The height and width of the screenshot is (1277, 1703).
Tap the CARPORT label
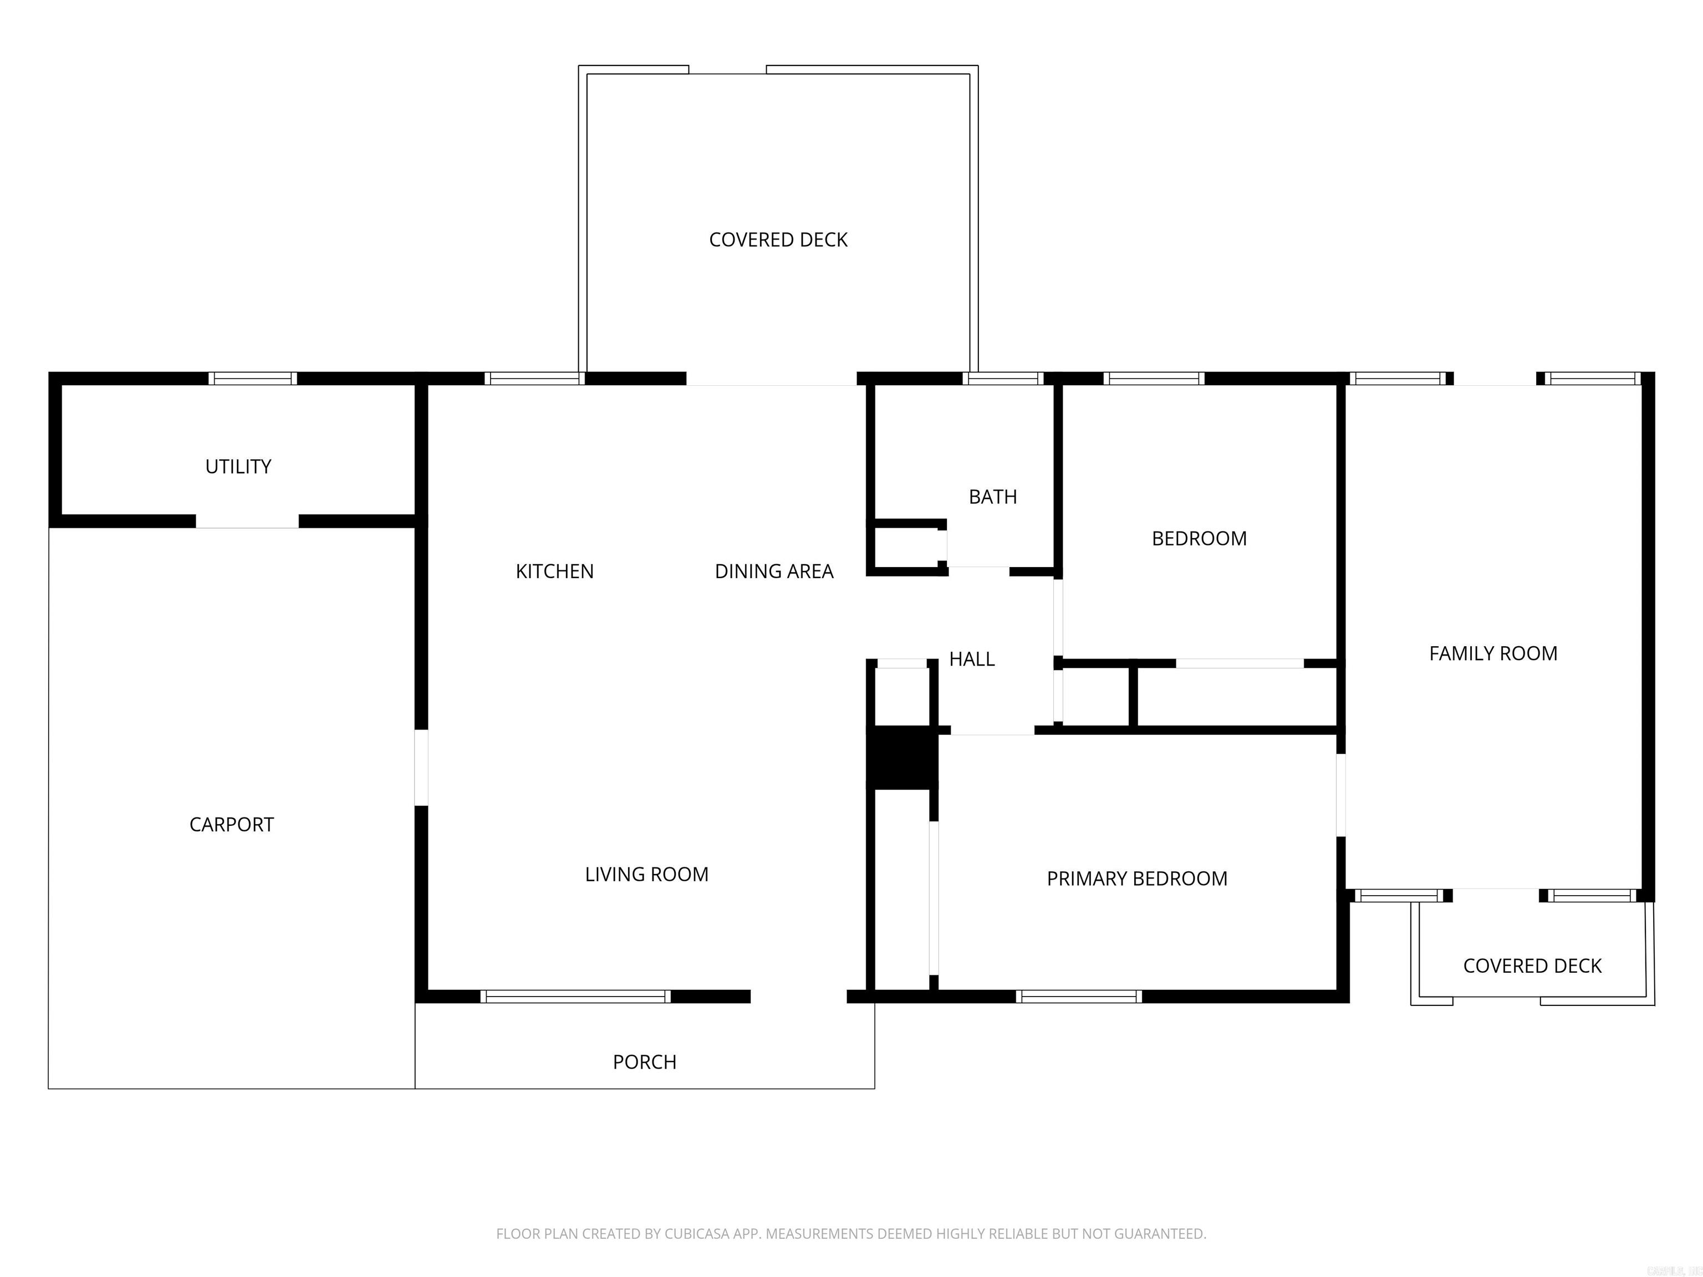click(x=231, y=824)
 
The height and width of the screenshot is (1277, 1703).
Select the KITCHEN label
click(x=554, y=571)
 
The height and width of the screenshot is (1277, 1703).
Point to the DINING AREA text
click(x=774, y=571)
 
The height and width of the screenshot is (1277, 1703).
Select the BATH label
click(x=992, y=497)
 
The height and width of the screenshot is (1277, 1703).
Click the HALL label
click(x=972, y=659)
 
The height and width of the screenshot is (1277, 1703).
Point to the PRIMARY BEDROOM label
click(x=1136, y=878)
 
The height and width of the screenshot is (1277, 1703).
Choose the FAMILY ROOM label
click(x=1493, y=653)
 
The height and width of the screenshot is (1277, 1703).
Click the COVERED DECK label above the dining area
click(x=778, y=240)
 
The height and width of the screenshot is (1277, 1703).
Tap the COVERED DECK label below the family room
click(x=1531, y=966)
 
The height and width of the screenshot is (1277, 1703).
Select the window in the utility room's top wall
click(x=253, y=378)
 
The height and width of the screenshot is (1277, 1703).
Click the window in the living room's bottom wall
click(x=575, y=996)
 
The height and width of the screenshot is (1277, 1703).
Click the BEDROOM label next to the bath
click(x=1199, y=539)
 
